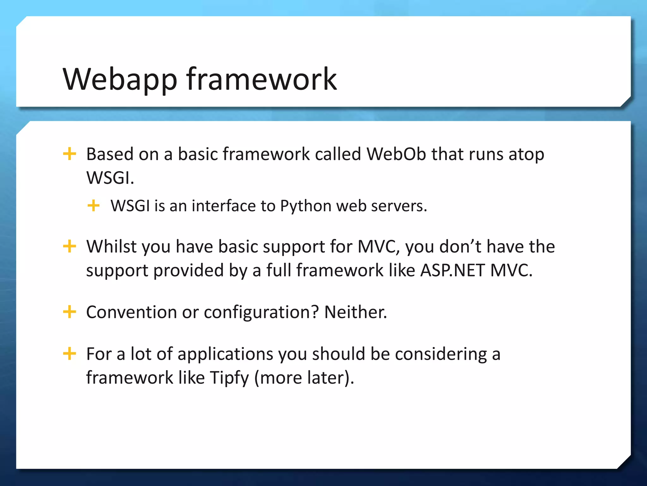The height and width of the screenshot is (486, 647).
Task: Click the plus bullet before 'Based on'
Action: coord(70,154)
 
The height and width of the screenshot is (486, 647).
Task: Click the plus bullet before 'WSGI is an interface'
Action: coord(94,206)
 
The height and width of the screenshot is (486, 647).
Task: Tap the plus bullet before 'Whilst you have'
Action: coord(70,246)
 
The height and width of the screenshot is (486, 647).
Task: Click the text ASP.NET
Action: coord(452,271)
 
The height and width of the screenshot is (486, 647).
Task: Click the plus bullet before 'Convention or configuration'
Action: coord(70,312)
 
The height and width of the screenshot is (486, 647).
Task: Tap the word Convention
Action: coord(131,312)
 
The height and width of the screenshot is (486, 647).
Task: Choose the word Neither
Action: coord(355,312)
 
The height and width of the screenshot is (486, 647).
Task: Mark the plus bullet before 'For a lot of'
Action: coord(70,353)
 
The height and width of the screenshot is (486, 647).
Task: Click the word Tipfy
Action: coord(229,378)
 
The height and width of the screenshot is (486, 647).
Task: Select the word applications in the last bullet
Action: coord(225,354)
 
